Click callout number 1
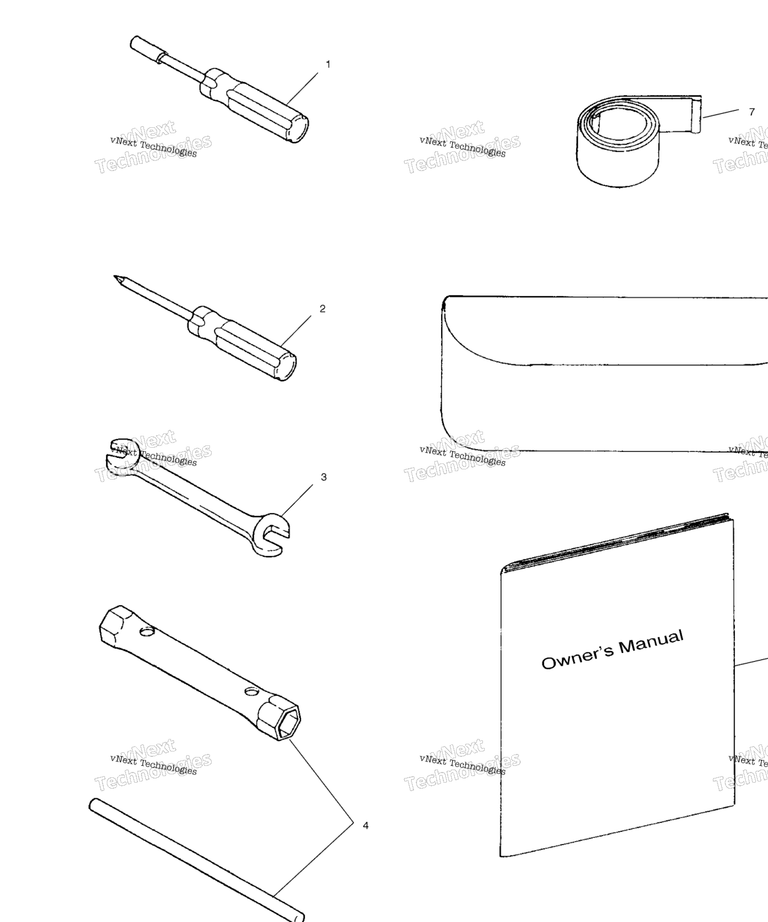[x=328, y=64]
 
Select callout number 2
[x=323, y=309]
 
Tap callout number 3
[x=324, y=477]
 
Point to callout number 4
[x=365, y=825]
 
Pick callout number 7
[x=752, y=112]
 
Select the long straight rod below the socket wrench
[x=196, y=860]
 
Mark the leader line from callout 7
[x=721, y=113]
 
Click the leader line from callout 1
[x=303, y=89]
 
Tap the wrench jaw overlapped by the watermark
[x=122, y=457]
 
